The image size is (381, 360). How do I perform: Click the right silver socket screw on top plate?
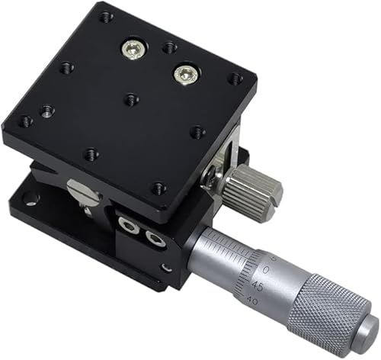(185, 73)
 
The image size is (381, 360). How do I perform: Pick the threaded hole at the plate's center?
(131, 98)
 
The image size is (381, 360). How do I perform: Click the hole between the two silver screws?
(169, 48)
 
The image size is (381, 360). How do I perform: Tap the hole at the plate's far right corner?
(235, 78)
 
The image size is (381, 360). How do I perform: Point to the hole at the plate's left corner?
(26, 121)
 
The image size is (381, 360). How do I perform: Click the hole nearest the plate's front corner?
(158, 187)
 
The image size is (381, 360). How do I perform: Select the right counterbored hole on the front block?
(155, 239)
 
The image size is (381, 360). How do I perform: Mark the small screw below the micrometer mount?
(166, 268)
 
